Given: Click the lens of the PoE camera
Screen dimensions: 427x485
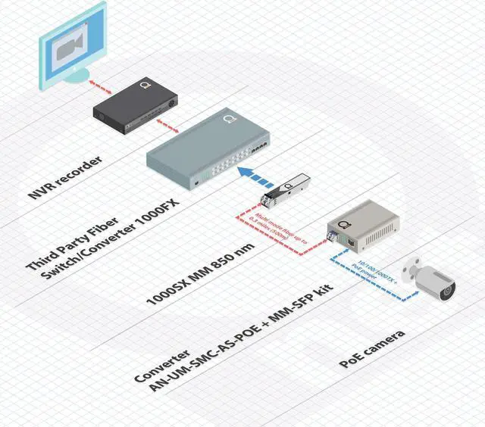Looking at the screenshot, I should click(446, 288).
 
